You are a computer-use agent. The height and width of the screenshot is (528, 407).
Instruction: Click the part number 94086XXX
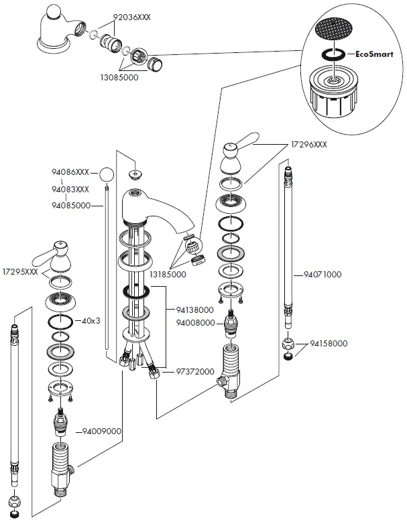(70, 173)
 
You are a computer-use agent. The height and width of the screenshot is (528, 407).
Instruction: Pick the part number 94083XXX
(70, 190)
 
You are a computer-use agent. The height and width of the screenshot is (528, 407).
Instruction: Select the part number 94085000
(70, 206)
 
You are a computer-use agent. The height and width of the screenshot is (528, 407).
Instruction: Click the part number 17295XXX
(20, 271)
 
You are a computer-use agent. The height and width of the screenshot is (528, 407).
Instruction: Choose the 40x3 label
(91, 320)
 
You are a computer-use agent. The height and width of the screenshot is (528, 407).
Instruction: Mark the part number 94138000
(194, 310)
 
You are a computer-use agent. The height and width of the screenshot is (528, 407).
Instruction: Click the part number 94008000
(194, 323)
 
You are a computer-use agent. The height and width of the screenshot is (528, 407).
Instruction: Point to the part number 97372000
(194, 371)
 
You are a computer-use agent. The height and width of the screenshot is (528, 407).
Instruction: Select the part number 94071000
(322, 274)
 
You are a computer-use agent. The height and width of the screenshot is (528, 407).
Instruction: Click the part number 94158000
(329, 344)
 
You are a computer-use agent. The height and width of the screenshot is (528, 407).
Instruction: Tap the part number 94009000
(102, 432)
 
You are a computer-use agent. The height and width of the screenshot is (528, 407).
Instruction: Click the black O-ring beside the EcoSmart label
(333, 55)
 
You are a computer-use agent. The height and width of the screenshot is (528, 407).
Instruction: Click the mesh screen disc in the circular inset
(333, 28)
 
